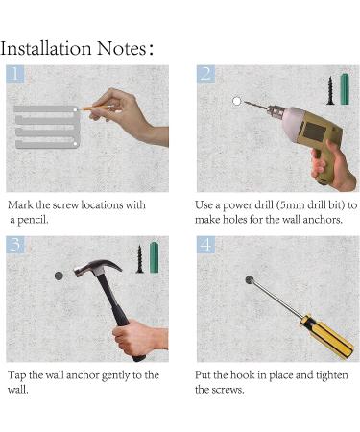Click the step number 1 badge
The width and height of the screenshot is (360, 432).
pos(14,74)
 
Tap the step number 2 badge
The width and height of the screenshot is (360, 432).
pos(205,74)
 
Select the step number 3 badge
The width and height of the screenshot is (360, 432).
pos(14,245)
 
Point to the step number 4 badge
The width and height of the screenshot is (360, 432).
pos(205,245)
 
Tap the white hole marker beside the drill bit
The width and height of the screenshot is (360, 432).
pos(236,101)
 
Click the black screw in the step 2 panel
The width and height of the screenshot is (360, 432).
pos(330,90)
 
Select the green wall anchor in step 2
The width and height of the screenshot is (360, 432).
pos(345,89)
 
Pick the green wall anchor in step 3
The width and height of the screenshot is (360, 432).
pos(154,257)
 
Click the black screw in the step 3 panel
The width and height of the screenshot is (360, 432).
pos(139,259)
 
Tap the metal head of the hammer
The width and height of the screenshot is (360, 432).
pos(97,267)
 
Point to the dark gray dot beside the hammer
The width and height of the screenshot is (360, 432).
pos(59,276)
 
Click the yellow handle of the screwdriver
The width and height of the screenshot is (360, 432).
pos(326,335)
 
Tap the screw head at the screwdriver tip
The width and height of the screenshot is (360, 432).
pos(250,279)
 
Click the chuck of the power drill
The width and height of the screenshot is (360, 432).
pos(274,110)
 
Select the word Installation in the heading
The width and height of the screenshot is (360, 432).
pos(46,49)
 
